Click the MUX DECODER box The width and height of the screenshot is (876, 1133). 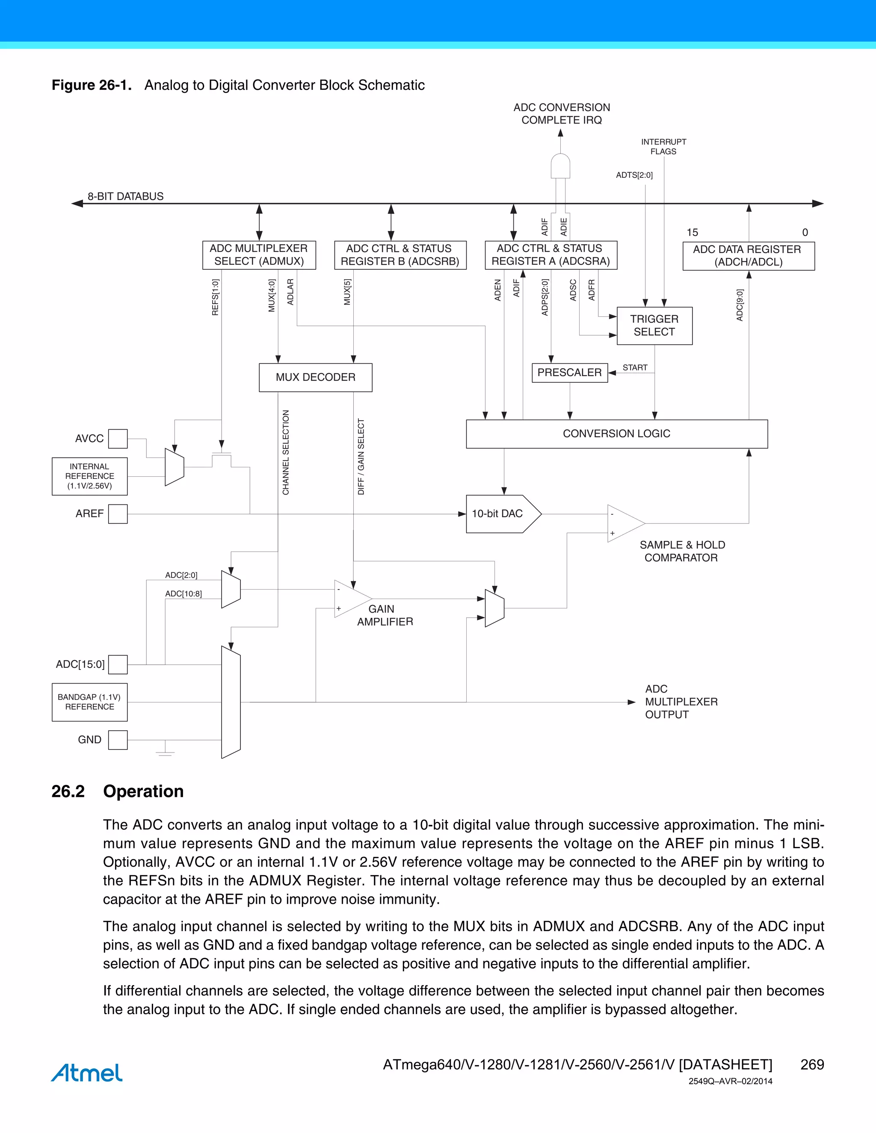[x=316, y=377]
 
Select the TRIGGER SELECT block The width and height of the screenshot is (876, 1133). [x=654, y=326]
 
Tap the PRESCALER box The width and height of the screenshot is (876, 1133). [x=569, y=372]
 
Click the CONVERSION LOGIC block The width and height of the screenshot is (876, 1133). [x=616, y=434]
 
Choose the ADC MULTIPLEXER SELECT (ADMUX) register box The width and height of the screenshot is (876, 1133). [x=259, y=255]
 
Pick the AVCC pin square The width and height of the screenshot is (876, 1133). [x=118, y=438]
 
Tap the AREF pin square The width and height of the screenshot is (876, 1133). [x=118, y=513]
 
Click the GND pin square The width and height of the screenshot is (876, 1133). [x=118, y=740]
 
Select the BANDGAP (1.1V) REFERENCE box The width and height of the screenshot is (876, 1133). [x=89, y=702]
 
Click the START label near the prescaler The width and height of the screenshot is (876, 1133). [x=635, y=367]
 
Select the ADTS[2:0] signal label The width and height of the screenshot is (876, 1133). [x=634, y=175]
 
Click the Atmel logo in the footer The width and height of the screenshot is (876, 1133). [x=87, y=1072]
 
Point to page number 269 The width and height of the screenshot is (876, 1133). [x=812, y=1065]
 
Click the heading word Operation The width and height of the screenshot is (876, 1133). [x=143, y=791]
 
